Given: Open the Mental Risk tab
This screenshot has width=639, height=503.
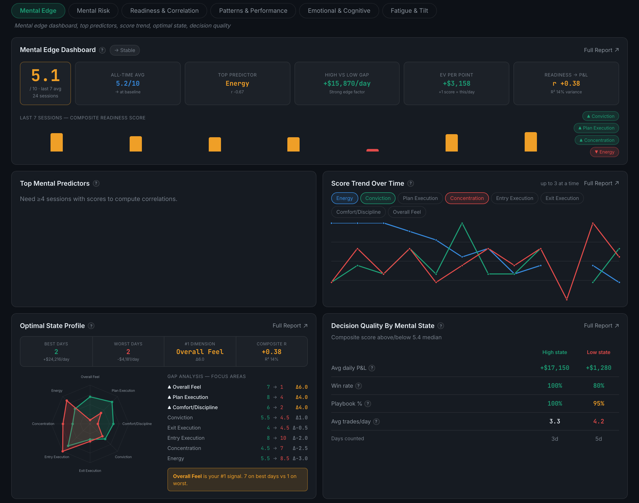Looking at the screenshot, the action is (93, 11).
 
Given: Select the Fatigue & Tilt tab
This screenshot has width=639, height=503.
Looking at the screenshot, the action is (409, 11).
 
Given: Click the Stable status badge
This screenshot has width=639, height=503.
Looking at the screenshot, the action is (125, 50).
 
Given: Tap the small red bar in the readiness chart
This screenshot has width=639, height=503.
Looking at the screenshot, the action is (372, 150).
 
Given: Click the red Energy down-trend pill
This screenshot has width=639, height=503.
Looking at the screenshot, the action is (604, 152).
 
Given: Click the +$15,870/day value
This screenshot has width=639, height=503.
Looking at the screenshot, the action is (347, 84).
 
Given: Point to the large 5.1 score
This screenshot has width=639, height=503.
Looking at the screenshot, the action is (45, 76).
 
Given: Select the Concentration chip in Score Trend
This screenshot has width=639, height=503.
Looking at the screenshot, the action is (467, 198).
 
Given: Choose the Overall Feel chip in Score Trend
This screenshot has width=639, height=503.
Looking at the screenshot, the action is (407, 212).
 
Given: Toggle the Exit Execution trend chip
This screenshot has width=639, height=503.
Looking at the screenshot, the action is (562, 198).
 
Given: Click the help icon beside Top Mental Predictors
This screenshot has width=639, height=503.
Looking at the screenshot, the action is (96, 183).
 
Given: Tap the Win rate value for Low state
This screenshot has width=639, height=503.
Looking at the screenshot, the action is (598, 386).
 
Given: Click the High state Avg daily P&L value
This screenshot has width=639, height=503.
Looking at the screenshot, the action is (555, 368).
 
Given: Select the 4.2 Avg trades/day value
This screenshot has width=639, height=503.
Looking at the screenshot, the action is (598, 421).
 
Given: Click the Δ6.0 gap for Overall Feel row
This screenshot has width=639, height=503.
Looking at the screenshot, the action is (301, 387).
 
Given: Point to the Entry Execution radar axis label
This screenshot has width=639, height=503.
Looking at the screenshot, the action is (57, 457).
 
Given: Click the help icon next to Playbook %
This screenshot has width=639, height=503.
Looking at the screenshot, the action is (368, 404).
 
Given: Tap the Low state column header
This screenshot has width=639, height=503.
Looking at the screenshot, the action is (598, 352).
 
